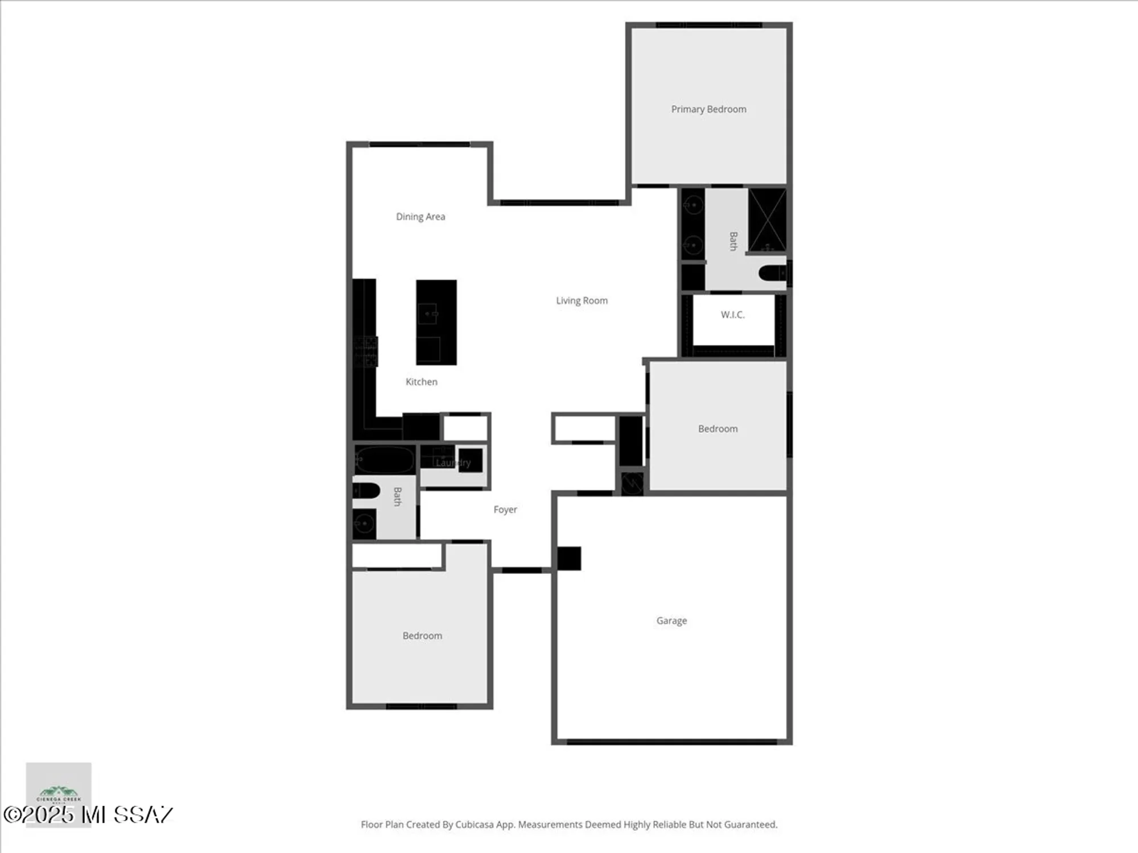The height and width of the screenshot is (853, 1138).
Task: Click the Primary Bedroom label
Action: (708, 109)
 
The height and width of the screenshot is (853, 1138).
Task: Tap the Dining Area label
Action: (420, 217)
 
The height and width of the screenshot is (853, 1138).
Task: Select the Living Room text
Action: (582, 301)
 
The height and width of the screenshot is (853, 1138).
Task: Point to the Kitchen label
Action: (421, 382)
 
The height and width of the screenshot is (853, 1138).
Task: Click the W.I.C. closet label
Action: (732, 315)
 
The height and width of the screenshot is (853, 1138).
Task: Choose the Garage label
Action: (671, 621)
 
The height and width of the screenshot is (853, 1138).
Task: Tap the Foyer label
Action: (505, 510)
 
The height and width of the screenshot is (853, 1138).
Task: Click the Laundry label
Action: (453, 463)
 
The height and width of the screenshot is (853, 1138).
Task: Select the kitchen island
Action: (436, 322)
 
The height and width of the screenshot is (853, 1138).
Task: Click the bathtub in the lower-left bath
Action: (385, 459)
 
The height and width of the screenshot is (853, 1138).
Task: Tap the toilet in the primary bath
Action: (773, 274)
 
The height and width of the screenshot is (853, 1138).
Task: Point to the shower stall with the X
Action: (767, 220)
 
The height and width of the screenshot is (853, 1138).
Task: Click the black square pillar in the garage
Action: (568, 558)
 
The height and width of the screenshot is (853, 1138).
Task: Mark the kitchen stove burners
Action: (365, 351)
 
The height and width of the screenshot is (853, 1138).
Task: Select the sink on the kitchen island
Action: (428, 313)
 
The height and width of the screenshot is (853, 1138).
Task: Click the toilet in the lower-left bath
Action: (366, 490)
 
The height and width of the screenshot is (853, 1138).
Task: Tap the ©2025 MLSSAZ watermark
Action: (88, 815)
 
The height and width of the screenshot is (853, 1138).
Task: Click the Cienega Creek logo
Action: (59, 793)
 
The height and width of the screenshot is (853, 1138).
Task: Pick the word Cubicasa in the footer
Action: (474, 825)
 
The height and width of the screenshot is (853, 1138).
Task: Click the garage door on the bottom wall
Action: (671, 742)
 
